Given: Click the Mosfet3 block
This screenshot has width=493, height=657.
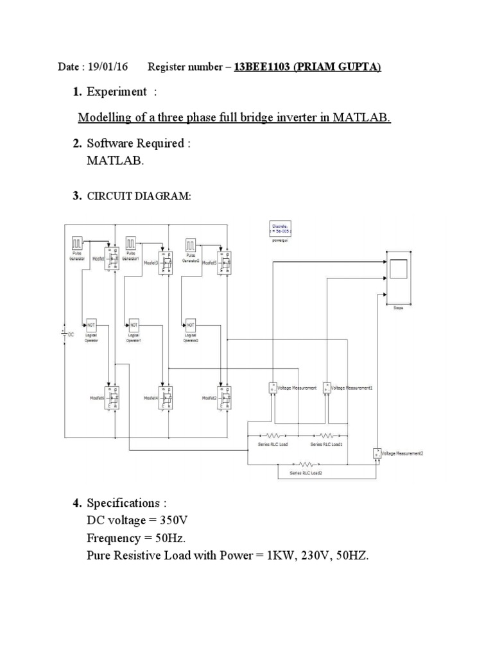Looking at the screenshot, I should click(x=167, y=262).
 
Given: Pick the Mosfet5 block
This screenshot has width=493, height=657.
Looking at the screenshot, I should click(x=222, y=262).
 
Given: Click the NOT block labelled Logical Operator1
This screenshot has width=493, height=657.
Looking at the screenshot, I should click(x=134, y=324).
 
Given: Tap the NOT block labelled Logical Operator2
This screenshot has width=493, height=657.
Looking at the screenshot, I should click(x=189, y=324).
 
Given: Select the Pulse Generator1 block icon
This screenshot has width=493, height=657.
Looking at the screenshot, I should click(x=132, y=244).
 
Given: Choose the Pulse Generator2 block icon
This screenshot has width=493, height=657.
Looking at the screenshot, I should click(x=191, y=244).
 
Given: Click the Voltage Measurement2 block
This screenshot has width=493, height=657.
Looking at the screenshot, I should click(x=376, y=453).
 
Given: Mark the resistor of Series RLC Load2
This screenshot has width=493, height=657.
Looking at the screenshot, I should click(x=306, y=463).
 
